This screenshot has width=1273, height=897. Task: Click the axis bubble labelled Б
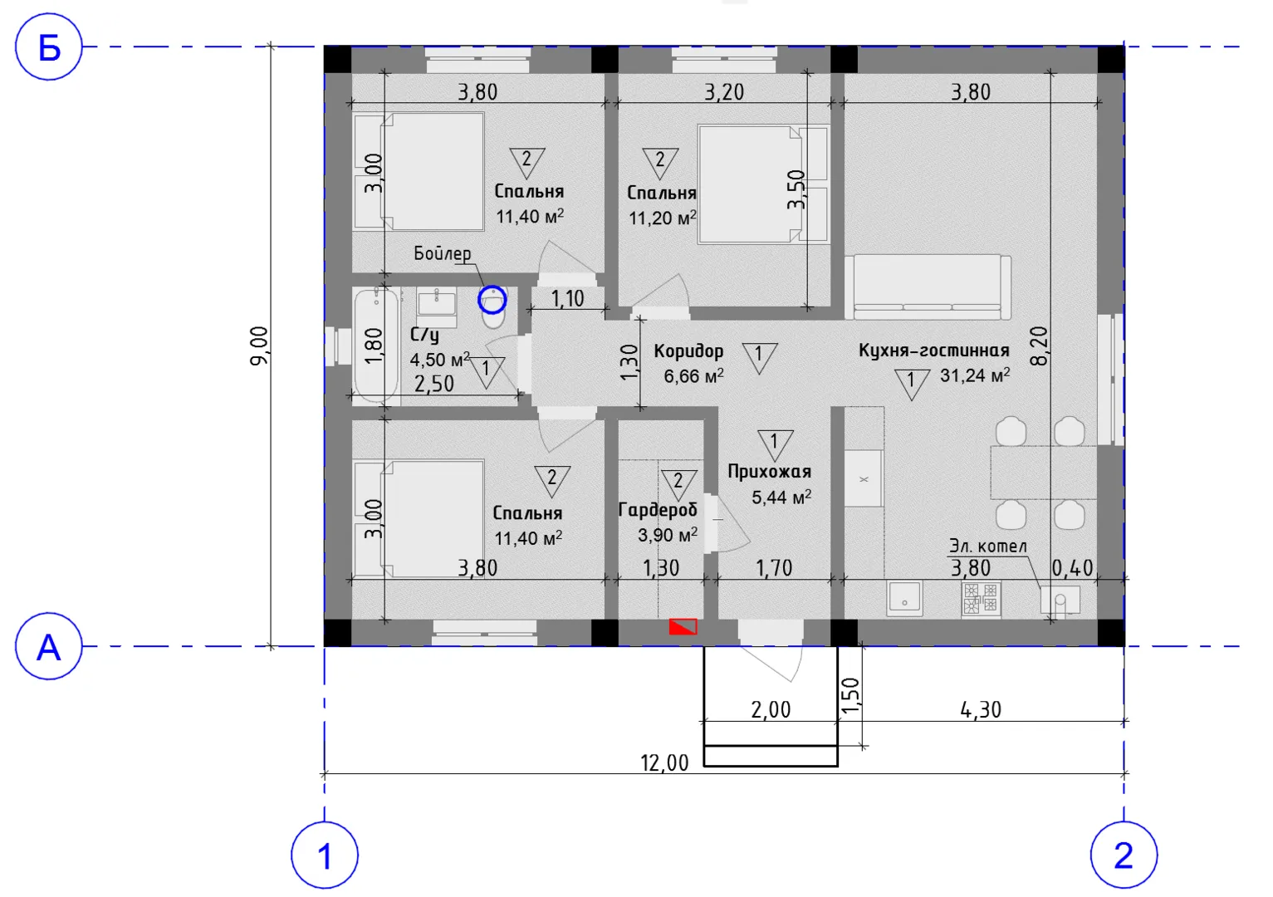(49, 47)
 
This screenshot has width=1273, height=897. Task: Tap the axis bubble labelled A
(49, 646)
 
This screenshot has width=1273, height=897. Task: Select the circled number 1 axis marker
(325, 855)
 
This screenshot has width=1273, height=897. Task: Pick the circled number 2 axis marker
(1124, 855)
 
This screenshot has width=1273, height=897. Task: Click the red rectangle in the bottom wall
(683, 626)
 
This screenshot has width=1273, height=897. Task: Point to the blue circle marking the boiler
(492, 300)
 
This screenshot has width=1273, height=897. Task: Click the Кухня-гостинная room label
(933, 350)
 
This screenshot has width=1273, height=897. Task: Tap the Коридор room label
(688, 351)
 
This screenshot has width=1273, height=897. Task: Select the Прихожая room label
(770, 471)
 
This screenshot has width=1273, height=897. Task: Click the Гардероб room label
(658, 509)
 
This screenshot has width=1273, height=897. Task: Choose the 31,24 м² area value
(975, 375)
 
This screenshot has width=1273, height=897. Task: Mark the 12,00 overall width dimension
(664, 762)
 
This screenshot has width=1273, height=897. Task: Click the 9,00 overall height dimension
(259, 346)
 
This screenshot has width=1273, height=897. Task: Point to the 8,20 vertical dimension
(1038, 346)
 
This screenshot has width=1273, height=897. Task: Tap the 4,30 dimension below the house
(981, 709)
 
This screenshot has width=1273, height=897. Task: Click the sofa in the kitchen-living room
(928, 287)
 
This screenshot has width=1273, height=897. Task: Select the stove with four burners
(981, 598)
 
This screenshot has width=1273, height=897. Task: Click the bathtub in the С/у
(375, 346)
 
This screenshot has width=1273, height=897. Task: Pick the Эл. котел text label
(988, 547)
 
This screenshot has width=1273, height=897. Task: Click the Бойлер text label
(442, 253)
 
